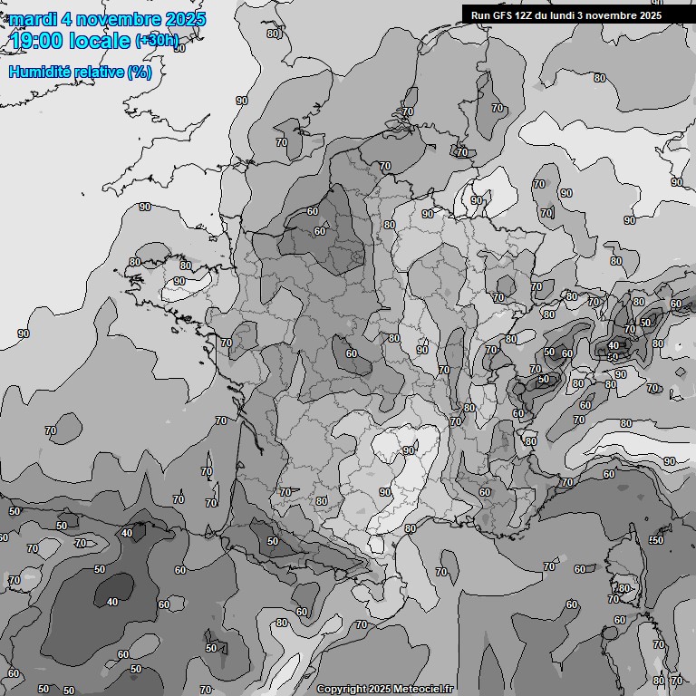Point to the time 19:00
pos(39,42)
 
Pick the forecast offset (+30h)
pos(157,41)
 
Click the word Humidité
pos(42,72)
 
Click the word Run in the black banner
pos(480,14)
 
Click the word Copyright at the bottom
pos(341,689)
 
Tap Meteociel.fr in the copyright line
pos(423,689)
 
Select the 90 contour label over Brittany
pos(179,281)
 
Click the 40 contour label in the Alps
pos(614,345)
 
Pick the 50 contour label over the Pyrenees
pos(273,541)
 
